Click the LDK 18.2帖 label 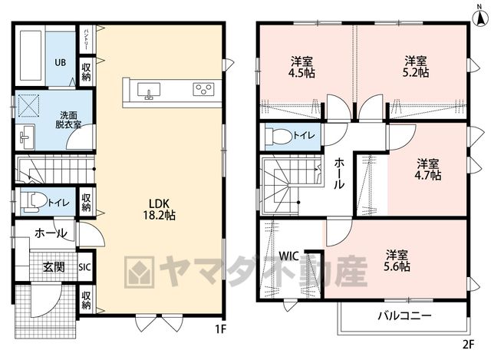point(159,210)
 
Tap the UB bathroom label point(61,62)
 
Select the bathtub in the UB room point(31,56)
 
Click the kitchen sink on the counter point(149,91)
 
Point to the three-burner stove point(203,89)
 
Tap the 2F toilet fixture point(278,137)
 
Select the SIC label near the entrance point(84,267)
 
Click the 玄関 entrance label point(54,267)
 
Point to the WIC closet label point(288,256)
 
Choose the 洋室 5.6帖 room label point(397,260)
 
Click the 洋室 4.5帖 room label point(302,67)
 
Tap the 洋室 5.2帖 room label point(416,67)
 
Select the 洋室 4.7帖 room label point(428,170)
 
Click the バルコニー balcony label point(405,315)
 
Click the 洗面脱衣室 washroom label point(68,120)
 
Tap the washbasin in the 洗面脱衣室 point(28,137)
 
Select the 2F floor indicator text point(468,345)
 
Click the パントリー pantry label point(85,40)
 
